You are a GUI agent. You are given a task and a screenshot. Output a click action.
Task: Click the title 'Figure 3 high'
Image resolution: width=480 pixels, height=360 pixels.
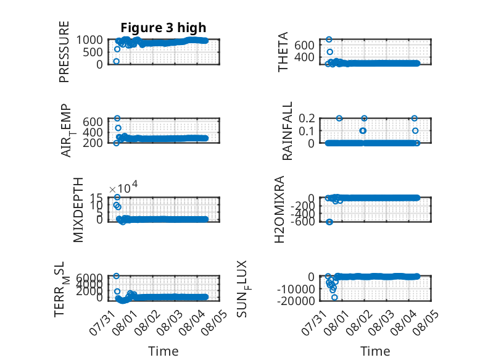(163, 28)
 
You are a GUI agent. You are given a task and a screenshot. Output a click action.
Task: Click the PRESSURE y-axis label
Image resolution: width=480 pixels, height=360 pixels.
(64, 52)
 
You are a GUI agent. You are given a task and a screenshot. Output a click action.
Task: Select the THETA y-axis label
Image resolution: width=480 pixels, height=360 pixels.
(283, 52)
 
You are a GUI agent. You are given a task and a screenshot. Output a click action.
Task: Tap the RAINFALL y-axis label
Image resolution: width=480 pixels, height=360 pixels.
(287, 131)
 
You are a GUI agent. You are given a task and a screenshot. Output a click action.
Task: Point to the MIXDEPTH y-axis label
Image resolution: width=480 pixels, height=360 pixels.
(78, 210)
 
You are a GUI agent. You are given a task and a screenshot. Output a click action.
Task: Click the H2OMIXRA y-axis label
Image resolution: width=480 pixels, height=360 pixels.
(279, 209)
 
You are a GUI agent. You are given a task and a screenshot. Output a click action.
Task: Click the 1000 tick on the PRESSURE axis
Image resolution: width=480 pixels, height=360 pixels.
(89, 40)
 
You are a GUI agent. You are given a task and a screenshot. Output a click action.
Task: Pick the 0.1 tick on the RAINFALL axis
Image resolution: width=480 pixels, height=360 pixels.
(307, 131)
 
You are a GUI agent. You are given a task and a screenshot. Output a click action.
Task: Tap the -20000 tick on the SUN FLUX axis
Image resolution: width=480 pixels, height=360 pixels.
(296, 301)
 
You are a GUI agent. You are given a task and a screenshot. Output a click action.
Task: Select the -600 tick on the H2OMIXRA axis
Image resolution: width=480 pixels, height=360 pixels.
(302, 221)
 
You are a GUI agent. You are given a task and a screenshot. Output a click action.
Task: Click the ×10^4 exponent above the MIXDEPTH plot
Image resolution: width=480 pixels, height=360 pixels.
(123, 187)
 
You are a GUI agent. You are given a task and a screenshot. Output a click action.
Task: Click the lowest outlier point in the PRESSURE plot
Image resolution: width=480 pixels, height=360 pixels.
(117, 61)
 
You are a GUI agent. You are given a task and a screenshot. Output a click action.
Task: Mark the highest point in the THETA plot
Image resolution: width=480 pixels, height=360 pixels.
(329, 40)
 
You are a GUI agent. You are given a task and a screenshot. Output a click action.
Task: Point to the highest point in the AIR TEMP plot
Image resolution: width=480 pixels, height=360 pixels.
(117, 119)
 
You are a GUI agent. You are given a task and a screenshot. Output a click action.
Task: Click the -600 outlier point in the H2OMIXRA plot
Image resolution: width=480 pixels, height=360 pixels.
(329, 222)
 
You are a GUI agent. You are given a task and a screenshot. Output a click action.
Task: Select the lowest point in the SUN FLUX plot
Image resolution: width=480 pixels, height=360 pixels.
(334, 297)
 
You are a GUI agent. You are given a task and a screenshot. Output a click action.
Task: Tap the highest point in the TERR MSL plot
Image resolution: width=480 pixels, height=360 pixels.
(117, 276)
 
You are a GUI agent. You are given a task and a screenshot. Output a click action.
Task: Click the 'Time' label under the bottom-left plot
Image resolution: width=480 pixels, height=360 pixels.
(163, 351)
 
